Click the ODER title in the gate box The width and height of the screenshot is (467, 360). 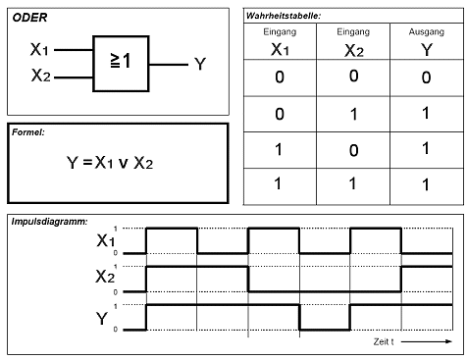(x=29, y=18)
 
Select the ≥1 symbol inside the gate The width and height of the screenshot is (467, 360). (x=121, y=61)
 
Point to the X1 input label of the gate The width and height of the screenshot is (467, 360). (x=39, y=49)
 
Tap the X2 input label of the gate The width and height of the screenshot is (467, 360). (x=41, y=75)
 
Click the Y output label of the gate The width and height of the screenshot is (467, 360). (x=200, y=64)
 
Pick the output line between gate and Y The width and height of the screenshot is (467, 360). (x=169, y=65)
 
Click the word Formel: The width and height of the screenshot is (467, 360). (x=28, y=132)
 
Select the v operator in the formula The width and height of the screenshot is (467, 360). (x=123, y=164)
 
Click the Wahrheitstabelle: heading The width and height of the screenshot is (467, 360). (x=284, y=16)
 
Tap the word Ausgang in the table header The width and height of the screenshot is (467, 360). (x=427, y=32)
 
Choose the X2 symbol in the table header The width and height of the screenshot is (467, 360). (x=354, y=51)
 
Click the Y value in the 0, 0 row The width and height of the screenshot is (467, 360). (x=426, y=77)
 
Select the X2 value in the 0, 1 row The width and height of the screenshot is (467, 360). (x=353, y=115)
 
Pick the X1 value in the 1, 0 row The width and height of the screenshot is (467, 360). (x=279, y=149)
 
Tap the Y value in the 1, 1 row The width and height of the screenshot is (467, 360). (x=426, y=185)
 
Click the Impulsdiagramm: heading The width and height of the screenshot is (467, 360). (x=50, y=222)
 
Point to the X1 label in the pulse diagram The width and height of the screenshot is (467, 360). (x=106, y=240)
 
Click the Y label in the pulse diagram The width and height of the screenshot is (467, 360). (x=102, y=318)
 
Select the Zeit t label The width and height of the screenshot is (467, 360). (x=384, y=341)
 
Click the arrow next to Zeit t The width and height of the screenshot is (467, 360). (x=427, y=341)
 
